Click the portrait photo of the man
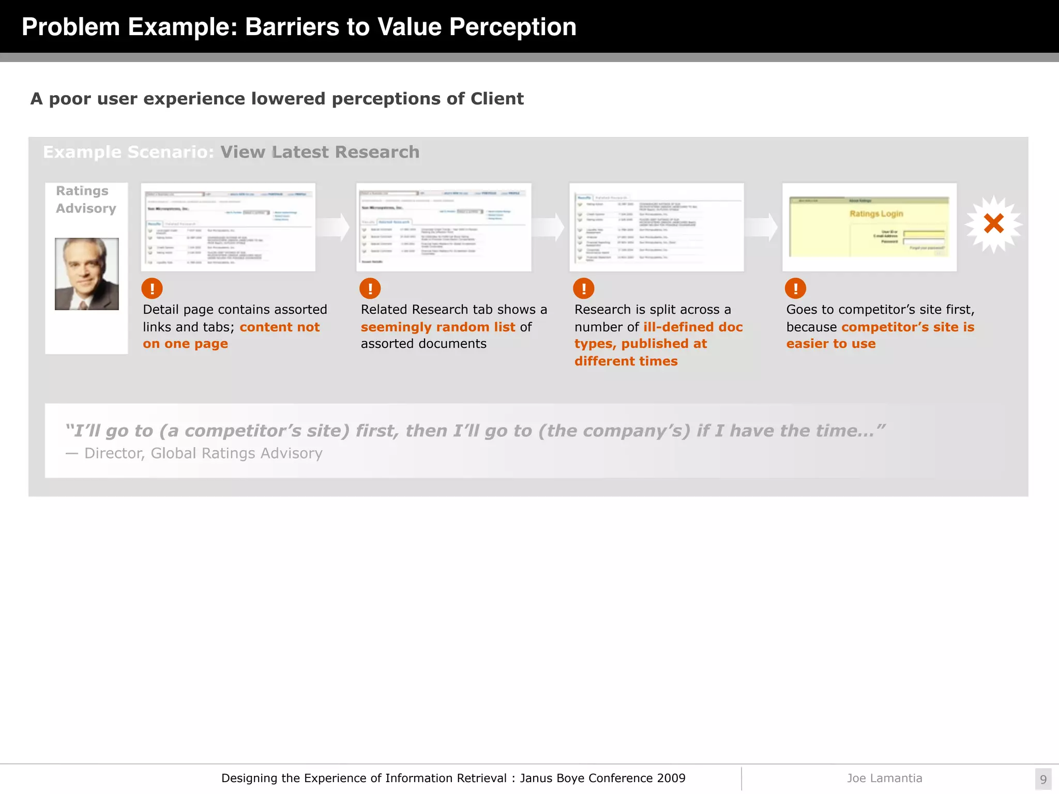[87, 274]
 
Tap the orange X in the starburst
[993, 224]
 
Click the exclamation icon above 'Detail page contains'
[152, 288]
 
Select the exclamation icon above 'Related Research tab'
[370, 288]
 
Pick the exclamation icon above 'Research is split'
[584, 288]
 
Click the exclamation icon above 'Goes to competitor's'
[795, 288]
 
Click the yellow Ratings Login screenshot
[869, 227]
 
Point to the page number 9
[1043, 779]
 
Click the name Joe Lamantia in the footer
[884, 778]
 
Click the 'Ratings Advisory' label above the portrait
[86, 200]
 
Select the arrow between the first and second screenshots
[335, 227]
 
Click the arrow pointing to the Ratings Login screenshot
[763, 227]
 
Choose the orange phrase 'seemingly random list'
[438, 327]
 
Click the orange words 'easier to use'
[831, 344]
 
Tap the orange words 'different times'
[626, 361]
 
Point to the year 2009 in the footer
[671, 778]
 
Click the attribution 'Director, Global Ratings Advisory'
[203, 453]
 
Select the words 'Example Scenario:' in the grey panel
[128, 152]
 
